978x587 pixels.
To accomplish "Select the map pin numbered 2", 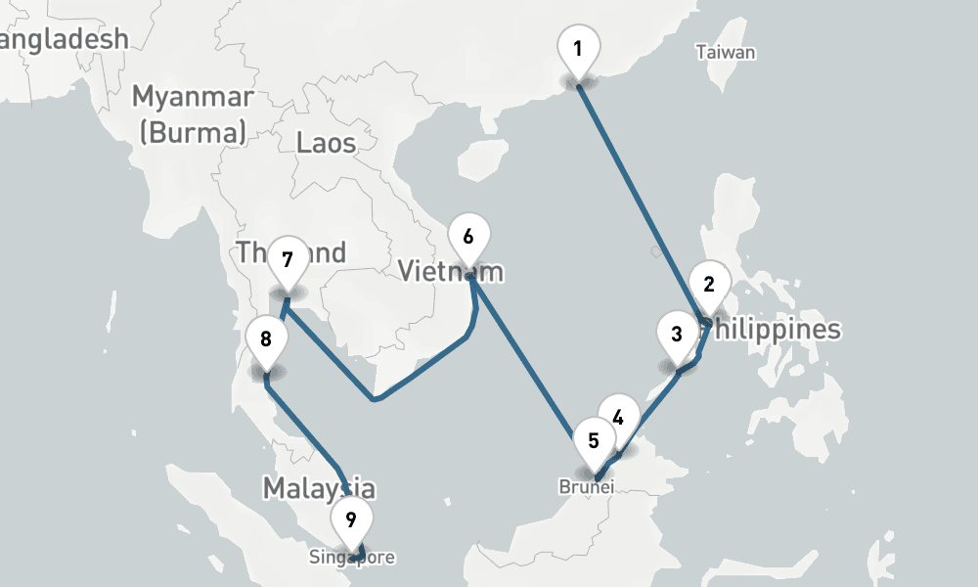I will coord(709,285).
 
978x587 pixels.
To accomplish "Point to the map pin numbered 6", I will coord(467,237).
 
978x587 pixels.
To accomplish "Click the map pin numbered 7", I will coord(288,260).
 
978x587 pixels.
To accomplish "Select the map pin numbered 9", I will coord(350,519).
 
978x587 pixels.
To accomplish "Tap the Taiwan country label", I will coord(726,53).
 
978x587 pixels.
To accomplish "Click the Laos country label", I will coord(326,145).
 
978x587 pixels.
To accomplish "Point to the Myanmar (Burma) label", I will coord(193,114).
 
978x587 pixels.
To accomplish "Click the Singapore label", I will coord(352,559).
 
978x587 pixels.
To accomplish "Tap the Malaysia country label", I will coord(318,487).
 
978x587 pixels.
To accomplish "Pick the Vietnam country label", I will coord(450,271).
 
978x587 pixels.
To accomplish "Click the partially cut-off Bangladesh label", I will coord(64,39).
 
